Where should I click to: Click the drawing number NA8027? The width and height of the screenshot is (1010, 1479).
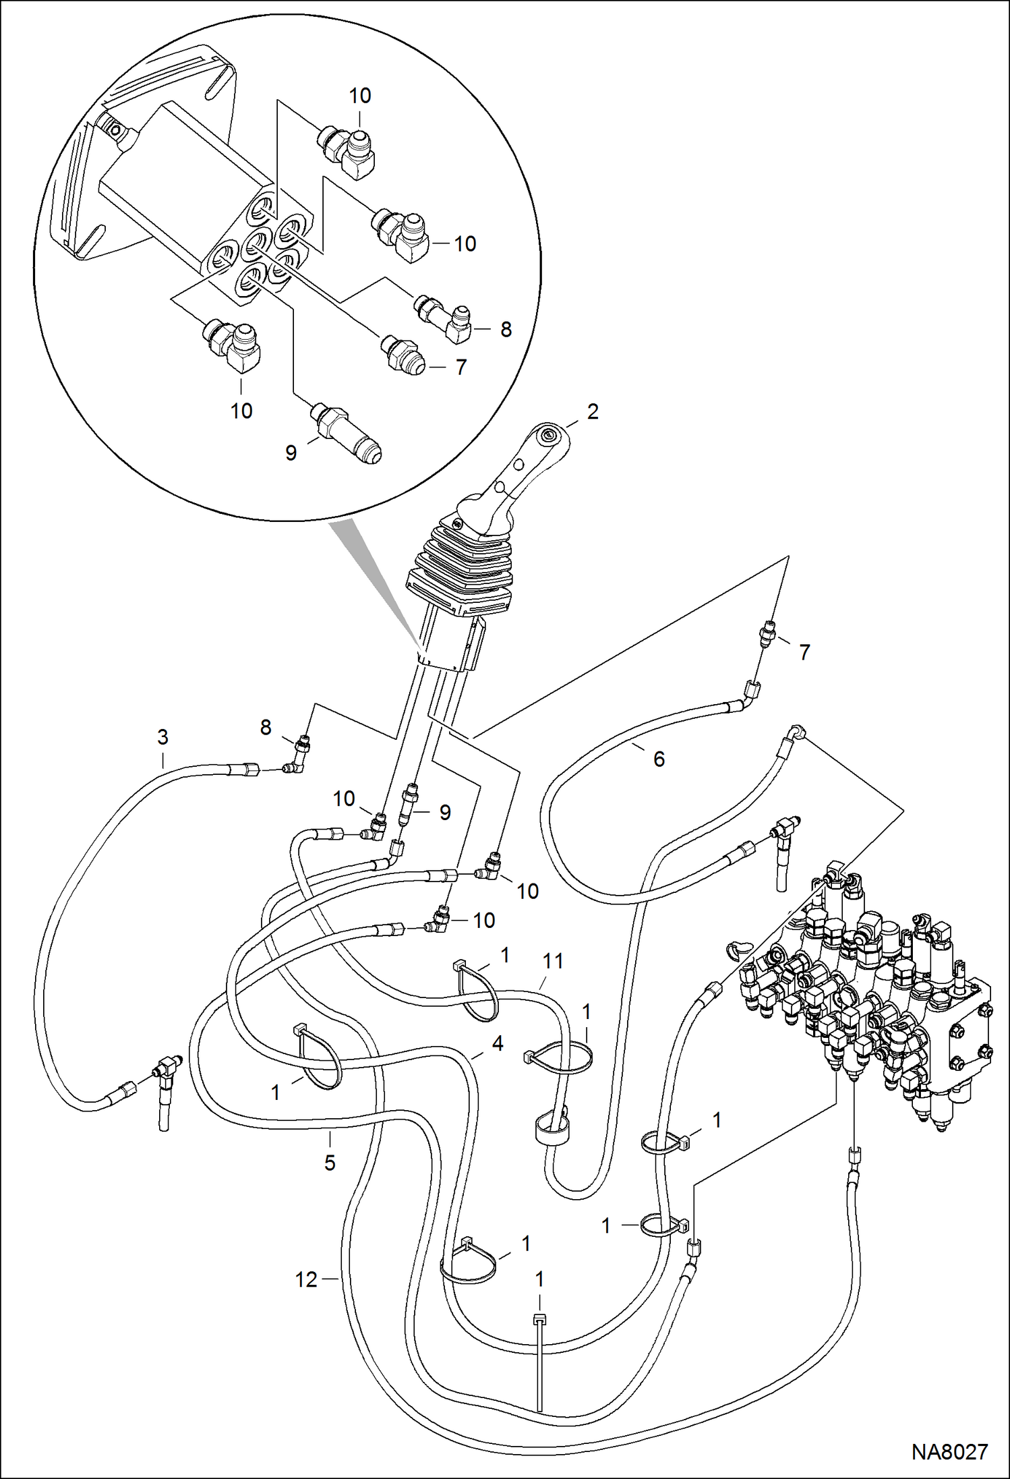[949, 1451]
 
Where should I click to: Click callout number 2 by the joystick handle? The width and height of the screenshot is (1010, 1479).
[593, 411]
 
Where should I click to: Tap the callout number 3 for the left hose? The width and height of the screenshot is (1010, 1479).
[162, 737]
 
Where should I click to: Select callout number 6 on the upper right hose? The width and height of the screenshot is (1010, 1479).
[659, 759]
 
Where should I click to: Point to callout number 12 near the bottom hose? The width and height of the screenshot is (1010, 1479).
[305, 1280]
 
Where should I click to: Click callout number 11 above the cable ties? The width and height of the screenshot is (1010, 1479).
[553, 961]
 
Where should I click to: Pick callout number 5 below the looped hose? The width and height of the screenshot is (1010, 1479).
[330, 1162]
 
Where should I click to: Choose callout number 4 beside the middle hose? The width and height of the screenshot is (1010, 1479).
[498, 1044]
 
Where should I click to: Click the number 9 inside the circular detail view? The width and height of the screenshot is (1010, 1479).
[291, 453]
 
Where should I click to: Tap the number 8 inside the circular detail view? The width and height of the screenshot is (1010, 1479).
[506, 329]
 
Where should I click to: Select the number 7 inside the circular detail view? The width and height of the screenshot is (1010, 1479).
[461, 367]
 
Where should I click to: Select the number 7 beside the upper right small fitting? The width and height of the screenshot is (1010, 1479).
[804, 652]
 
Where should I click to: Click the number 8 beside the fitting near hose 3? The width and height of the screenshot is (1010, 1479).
[266, 727]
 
